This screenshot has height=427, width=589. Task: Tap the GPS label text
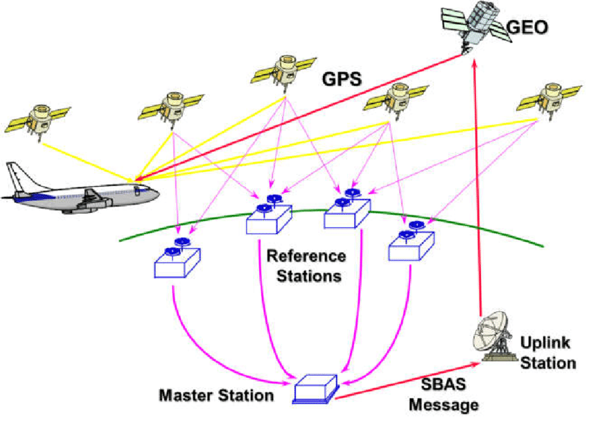pyautogui.click(x=342, y=78)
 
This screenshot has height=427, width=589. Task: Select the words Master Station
pyautogui.click(x=216, y=396)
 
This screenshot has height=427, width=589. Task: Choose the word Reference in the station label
pyautogui.click(x=306, y=256)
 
